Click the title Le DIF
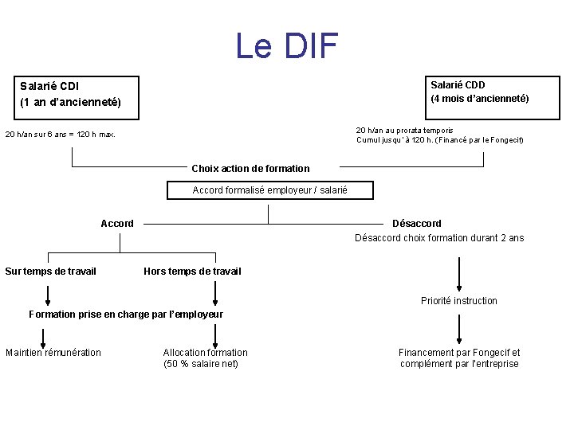[x=287, y=46]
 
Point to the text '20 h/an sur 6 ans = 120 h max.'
[x=61, y=135]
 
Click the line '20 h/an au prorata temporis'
[x=404, y=130]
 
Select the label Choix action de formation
[x=250, y=169]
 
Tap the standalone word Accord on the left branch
[x=117, y=224]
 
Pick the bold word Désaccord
[x=416, y=224]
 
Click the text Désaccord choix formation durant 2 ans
[x=439, y=238]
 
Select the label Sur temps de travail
[x=50, y=272]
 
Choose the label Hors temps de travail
[x=192, y=272]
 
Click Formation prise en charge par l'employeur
[x=126, y=315]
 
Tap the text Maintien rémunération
[x=53, y=353]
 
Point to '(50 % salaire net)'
[x=201, y=364]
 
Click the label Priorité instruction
[x=458, y=301]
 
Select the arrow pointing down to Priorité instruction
[x=458, y=275]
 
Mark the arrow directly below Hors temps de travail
[x=215, y=293]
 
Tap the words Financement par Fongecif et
[x=459, y=353]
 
